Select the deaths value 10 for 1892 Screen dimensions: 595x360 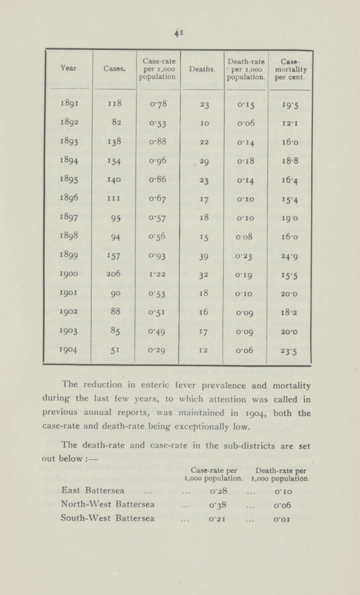click(x=202, y=119)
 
